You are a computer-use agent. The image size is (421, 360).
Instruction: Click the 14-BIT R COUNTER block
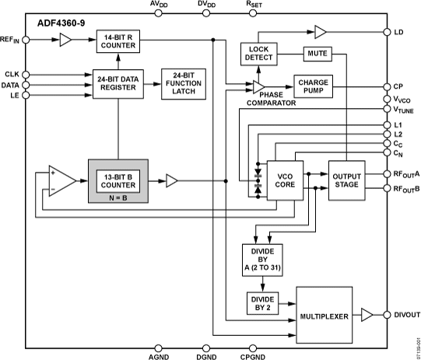coord(117,43)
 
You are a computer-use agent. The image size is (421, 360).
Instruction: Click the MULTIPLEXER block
coord(321,316)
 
